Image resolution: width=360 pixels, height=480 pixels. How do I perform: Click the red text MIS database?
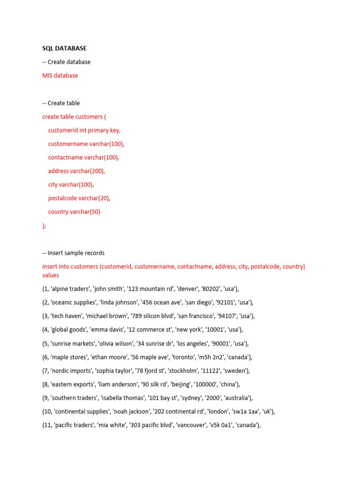click(60, 75)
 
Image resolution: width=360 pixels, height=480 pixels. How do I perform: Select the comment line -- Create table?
click(61, 103)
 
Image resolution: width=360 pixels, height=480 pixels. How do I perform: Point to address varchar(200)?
click(76, 171)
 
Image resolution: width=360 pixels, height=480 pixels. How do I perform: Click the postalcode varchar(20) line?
click(79, 198)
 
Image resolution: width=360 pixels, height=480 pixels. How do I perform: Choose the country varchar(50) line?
click(74, 212)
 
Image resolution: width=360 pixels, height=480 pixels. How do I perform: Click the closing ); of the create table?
click(45, 225)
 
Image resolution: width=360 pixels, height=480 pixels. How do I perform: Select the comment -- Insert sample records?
click(73, 253)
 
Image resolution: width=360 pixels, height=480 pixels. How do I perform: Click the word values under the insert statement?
click(51, 276)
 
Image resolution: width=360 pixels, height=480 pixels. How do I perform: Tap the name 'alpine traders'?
click(72, 289)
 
